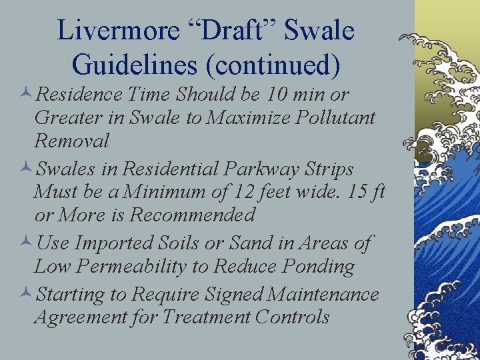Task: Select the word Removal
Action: click(72, 141)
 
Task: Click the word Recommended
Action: click(193, 215)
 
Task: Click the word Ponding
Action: click(318, 266)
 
